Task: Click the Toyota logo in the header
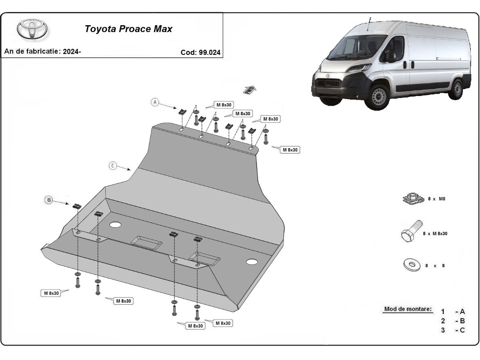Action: pos(32,29)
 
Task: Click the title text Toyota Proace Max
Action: pos(128,29)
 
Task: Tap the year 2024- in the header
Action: pos(72,51)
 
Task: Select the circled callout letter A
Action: pos(155,102)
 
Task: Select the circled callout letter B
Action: pos(48,200)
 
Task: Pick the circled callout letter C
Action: pos(113,166)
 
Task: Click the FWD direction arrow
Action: pos(249,90)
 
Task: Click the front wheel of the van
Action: pos(377,97)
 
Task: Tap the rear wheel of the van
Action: pos(456,89)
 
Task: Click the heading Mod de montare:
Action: pos(408,309)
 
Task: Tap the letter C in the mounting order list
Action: pos(462,330)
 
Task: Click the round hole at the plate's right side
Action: pos(252,262)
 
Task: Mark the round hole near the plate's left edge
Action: pos(115,224)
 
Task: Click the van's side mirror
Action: pos(389,56)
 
